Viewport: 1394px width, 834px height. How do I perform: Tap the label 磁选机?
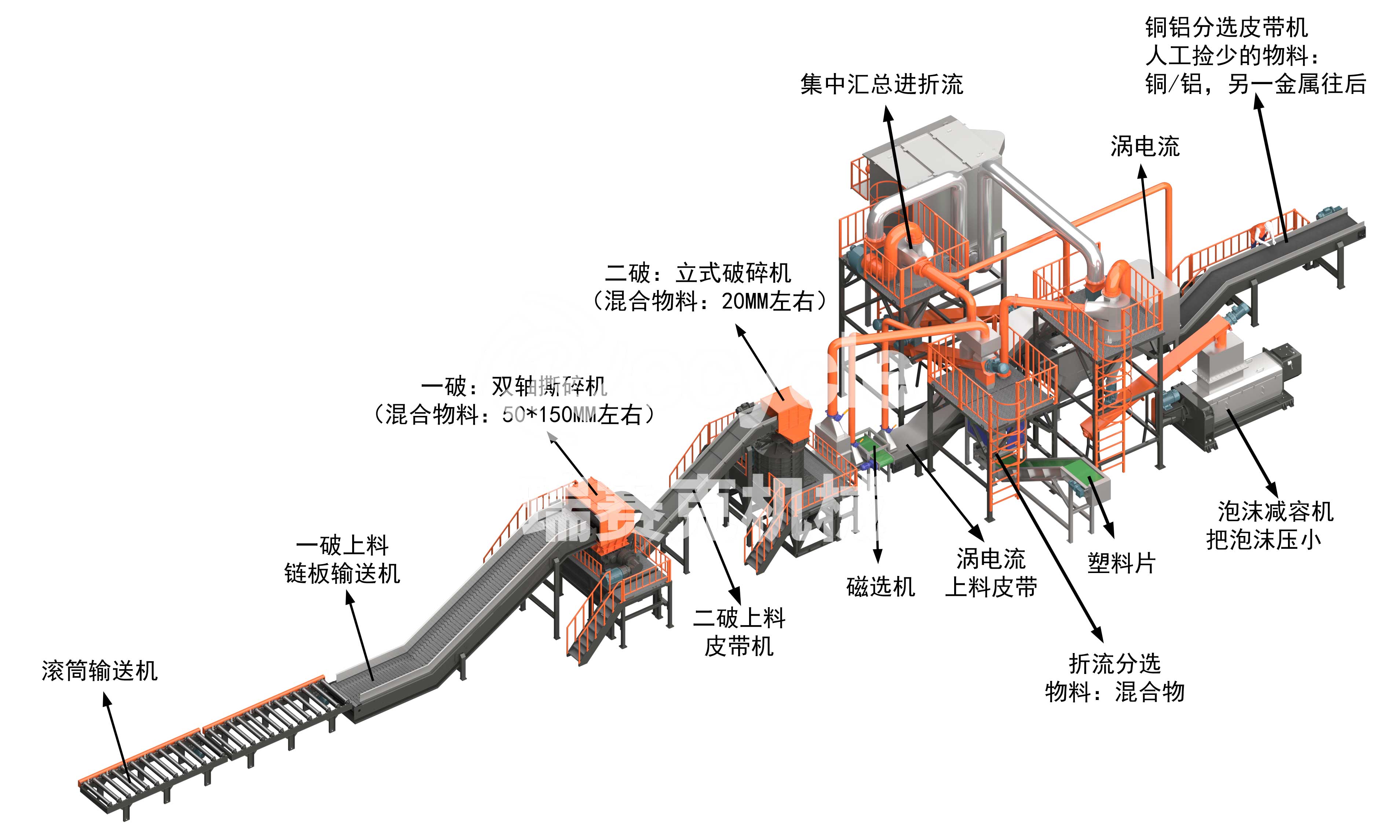[880, 587]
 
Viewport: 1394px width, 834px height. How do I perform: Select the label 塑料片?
[1121, 563]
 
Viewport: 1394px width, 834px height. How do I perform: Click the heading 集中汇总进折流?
[882, 85]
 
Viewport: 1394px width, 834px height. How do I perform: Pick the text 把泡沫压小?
[1264, 540]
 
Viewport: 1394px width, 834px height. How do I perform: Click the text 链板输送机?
[342, 574]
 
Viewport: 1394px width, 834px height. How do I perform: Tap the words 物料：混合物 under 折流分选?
[1114, 692]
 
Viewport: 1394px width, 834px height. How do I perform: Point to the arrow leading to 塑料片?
[1101, 506]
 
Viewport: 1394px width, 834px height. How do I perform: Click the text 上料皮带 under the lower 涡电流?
[991, 588]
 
